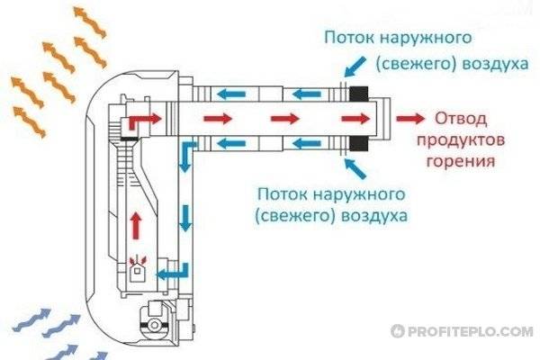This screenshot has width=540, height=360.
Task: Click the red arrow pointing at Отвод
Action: click(411, 119)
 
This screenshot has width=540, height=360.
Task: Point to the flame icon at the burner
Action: click(138, 262)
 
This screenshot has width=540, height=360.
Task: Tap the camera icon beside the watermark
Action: click(396, 331)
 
